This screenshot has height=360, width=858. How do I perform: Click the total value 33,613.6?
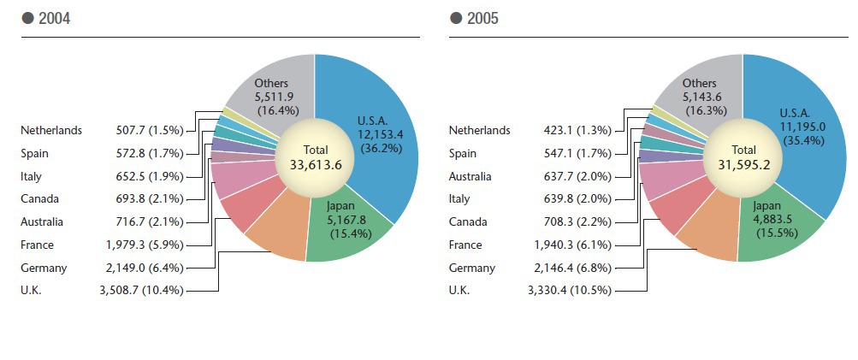(x=316, y=165)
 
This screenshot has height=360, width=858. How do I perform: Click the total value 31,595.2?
(x=743, y=165)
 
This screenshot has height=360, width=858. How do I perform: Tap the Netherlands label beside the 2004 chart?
(x=51, y=130)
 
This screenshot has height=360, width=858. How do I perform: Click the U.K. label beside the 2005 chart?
(x=460, y=291)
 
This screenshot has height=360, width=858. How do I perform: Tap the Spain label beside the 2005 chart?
(x=464, y=153)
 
